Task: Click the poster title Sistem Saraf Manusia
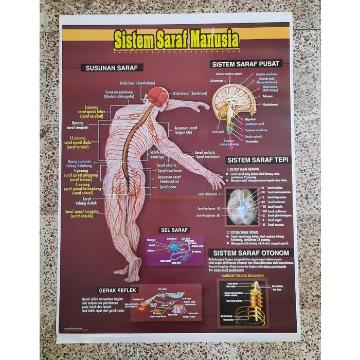click(176, 40)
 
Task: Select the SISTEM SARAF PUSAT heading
click(246, 64)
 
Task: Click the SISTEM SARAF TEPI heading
click(258, 160)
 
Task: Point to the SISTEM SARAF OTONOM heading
click(251, 253)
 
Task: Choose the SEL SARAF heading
click(174, 230)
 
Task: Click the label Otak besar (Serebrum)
click(190, 94)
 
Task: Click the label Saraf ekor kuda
click(169, 171)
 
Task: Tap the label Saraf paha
click(168, 188)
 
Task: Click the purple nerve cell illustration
click(175, 250)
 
